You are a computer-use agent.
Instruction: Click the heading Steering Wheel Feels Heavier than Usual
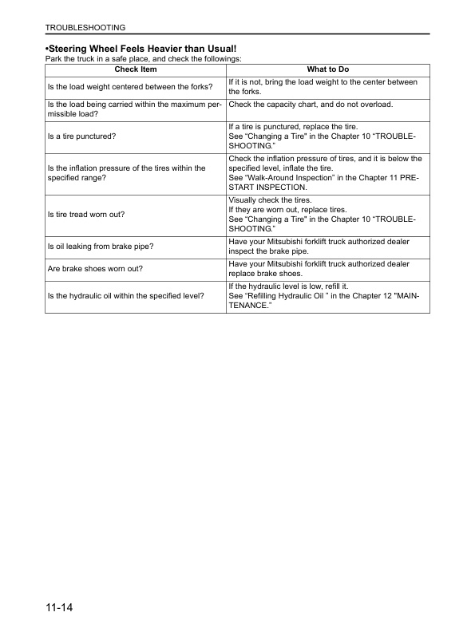(x=130, y=49)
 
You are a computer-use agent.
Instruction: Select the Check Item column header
(x=136, y=69)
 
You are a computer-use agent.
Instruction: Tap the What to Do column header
(x=327, y=69)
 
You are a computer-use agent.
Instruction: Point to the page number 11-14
(x=61, y=610)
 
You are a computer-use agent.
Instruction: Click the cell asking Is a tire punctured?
(x=82, y=136)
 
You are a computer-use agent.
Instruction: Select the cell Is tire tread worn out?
(x=88, y=215)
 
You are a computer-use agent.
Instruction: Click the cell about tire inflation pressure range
(x=126, y=173)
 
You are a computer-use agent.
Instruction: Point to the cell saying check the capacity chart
(x=311, y=105)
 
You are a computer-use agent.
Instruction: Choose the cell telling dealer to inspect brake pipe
(x=319, y=246)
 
